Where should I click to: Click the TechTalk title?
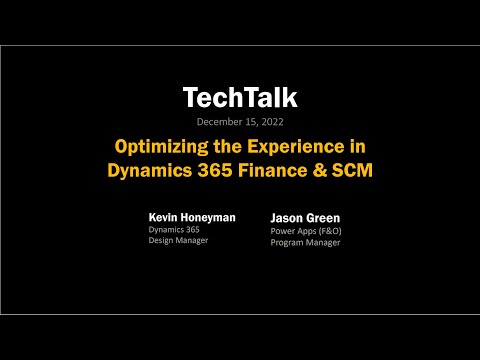(x=239, y=97)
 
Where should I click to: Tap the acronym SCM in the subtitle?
(x=347, y=169)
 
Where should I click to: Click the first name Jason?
(x=288, y=217)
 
